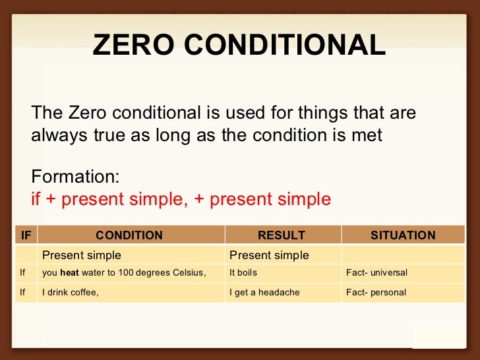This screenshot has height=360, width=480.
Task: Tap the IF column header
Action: pos(26,235)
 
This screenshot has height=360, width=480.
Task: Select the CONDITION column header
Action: pos(129,235)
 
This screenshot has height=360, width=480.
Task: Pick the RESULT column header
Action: pos(282,235)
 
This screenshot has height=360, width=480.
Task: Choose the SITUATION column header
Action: pos(403,235)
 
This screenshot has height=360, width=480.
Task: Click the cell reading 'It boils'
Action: pos(243,273)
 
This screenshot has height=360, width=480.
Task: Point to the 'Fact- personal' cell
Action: pos(376,293)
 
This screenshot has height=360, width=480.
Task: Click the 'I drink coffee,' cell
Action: pos(71,293)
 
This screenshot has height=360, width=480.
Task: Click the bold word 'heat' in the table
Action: pos(69,273)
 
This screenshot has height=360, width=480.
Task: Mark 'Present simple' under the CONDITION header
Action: pos(82,255)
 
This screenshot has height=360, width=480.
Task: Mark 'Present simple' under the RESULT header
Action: pos(269,255)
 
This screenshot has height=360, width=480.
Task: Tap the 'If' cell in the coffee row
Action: pos(22,293)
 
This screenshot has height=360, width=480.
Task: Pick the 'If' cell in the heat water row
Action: pos(22,273)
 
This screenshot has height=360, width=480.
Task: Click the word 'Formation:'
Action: pos(75,177)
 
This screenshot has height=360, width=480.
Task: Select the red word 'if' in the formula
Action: pos(36,198)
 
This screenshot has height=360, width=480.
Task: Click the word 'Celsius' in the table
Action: pos(190,273)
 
